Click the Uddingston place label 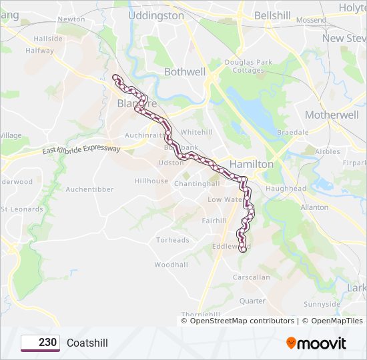pos(155,15)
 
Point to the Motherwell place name pos(332,115)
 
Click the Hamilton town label pos(252,163)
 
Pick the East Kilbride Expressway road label pos(81,149)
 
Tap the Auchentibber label pos(89,189)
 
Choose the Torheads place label pos(173,240)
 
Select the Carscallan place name pos(252,277)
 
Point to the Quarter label pos(252,301)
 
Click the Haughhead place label pos(286,189)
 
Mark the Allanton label pos(314,207)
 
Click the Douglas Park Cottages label pos(248,67)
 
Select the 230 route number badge pos(41,343)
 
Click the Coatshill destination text pos(87,343)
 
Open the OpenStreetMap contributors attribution pos(242,321)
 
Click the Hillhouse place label pos(151,181)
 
